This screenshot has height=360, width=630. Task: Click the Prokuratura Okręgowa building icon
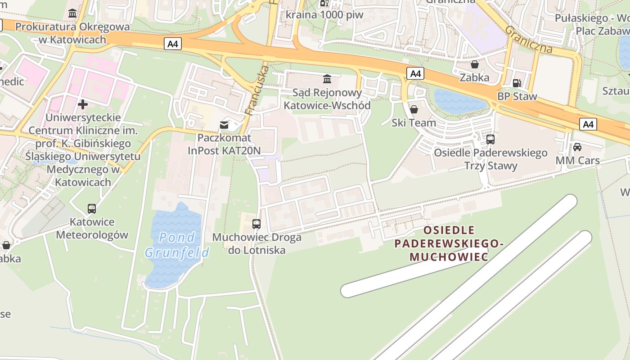[x=72, y=13]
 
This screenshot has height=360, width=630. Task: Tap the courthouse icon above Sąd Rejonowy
[x=327, y=80]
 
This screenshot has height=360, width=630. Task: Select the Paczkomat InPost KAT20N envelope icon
[x=224, y=125]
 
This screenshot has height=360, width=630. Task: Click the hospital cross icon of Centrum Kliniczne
[x=82, y=104]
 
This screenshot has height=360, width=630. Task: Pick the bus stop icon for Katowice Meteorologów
[x=92, y=209]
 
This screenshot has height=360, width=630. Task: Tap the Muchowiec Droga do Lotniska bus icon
[x=256, y=224]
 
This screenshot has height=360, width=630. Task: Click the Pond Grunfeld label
[x=177, y=244]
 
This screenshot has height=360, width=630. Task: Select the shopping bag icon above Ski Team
[x=414, y=109]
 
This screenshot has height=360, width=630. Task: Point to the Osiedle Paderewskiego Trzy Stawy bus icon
[x=490, y=139]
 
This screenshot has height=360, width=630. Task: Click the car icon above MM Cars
[x=577, y=147]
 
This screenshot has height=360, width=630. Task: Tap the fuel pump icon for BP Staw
[x=517, y=83]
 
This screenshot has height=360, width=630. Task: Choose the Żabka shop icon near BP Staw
[x=474, y=64]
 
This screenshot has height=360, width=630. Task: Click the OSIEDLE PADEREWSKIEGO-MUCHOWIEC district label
[x=449, y=243]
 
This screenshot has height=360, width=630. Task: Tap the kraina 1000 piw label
[x=324, y=14]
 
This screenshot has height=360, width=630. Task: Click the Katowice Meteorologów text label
[x=92, y=229]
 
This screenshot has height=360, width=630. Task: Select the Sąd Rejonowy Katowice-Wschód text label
[x=327, y=99]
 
